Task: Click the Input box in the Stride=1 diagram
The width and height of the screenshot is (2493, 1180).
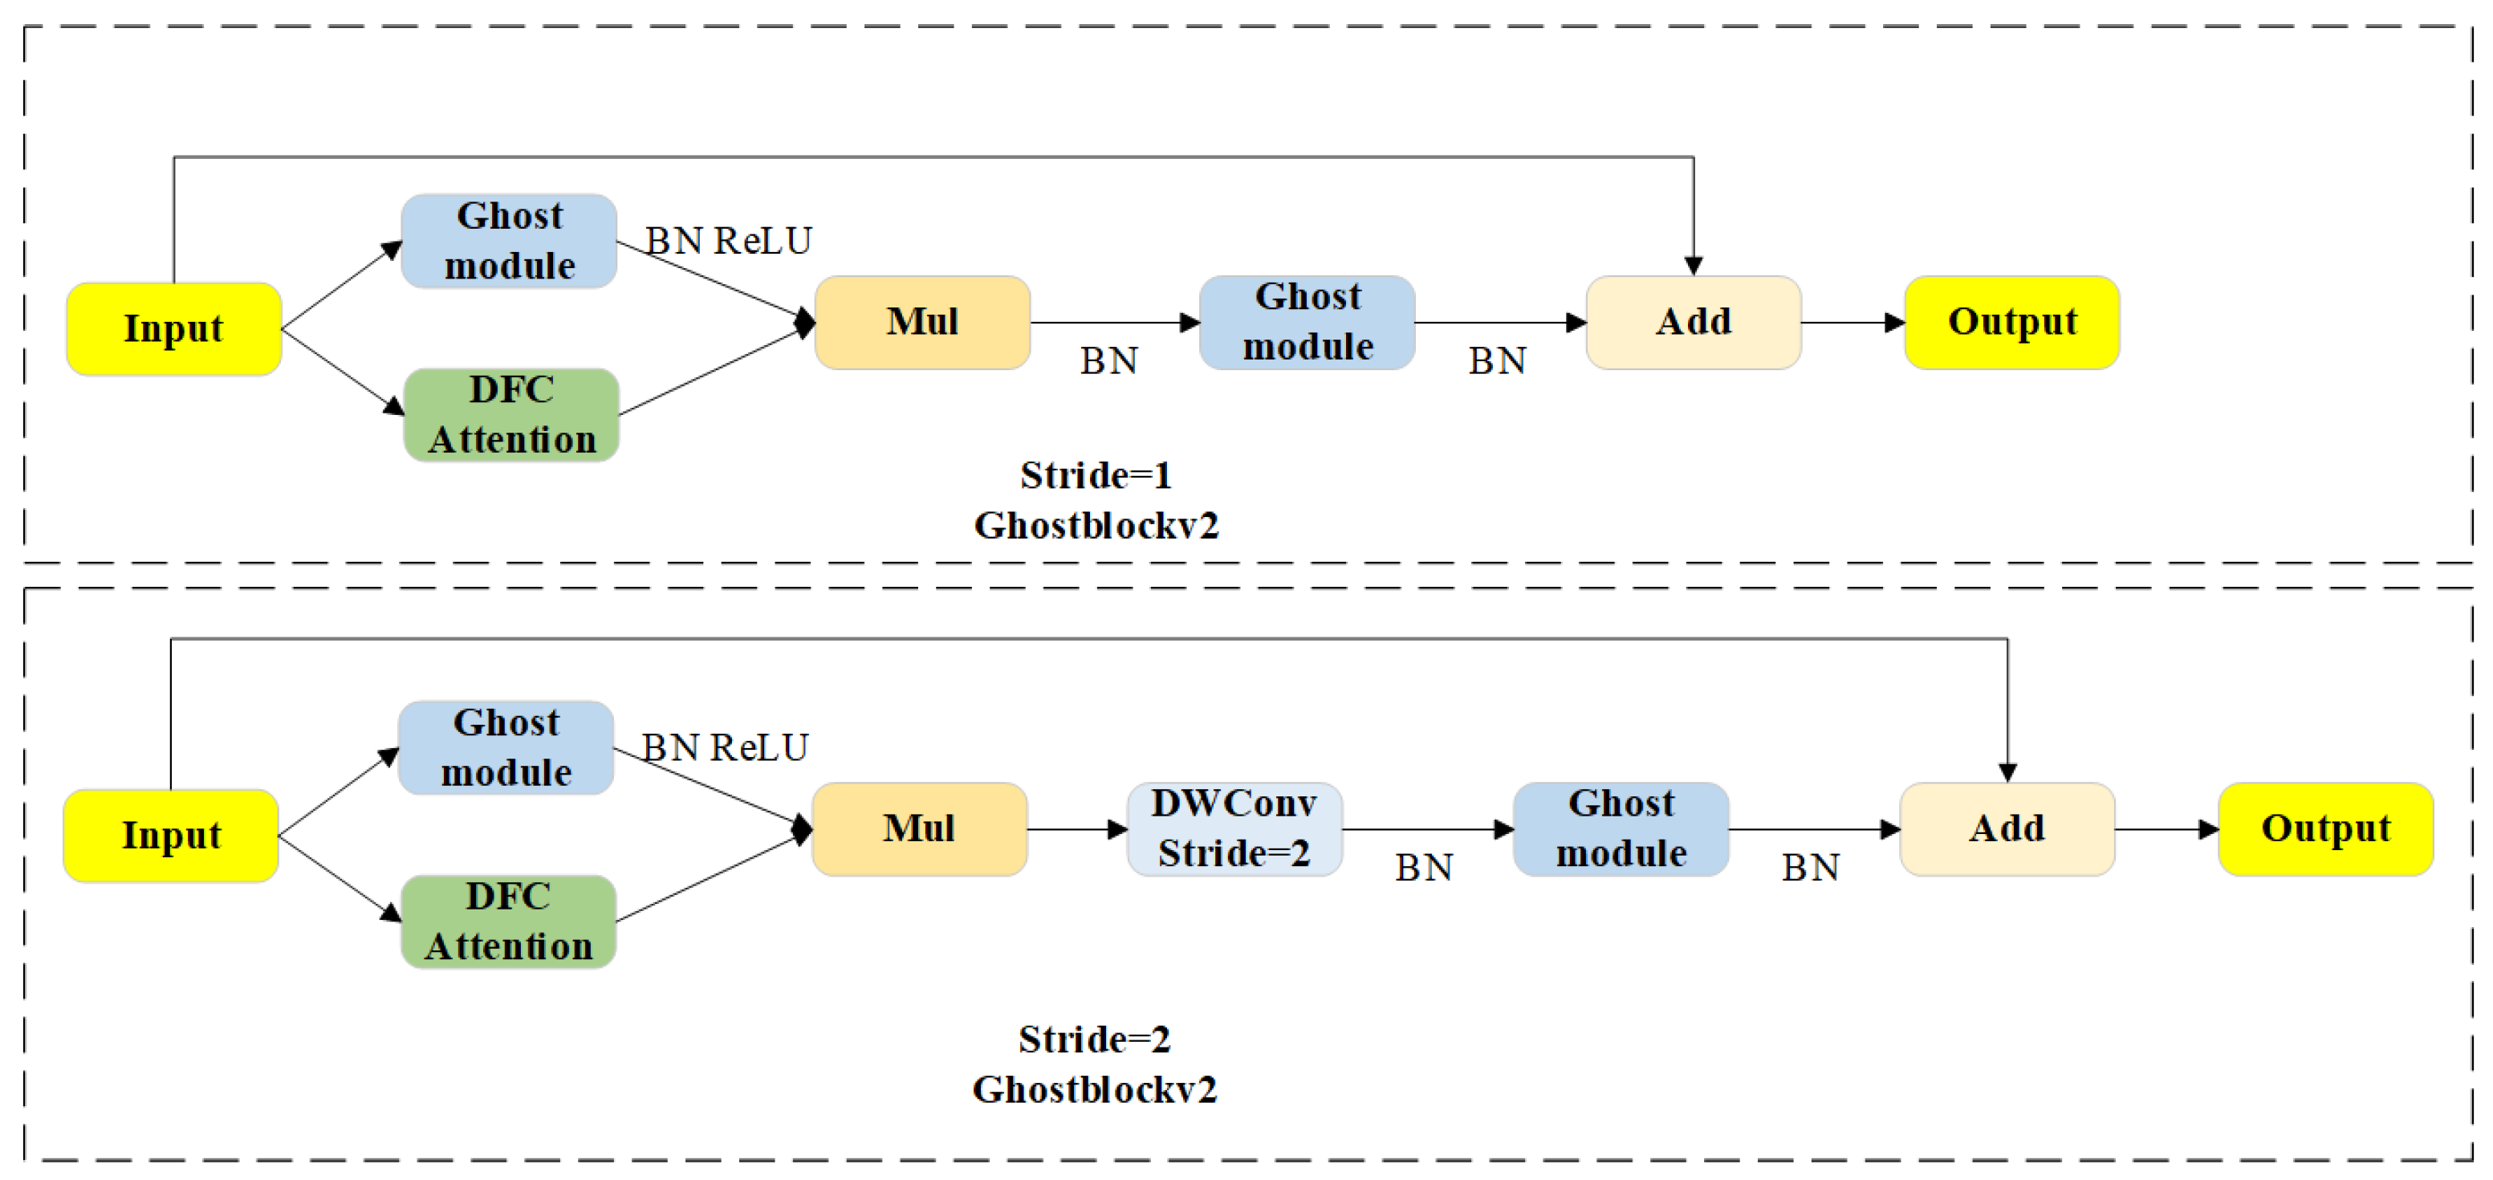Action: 173,328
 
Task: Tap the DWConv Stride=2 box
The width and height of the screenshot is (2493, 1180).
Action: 1234,828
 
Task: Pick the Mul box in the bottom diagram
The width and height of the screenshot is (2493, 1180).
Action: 918,828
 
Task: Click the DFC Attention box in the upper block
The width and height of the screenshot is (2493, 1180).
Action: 511,414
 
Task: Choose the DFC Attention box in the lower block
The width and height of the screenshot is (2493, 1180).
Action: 508,921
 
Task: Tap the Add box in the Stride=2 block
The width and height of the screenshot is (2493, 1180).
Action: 2007,828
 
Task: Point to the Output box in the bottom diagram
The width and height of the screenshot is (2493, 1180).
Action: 2324,828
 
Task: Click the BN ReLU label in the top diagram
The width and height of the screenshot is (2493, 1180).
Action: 729,240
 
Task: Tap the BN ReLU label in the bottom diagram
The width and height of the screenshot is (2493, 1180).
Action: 725,747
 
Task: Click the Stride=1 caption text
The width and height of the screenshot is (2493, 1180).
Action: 1096,475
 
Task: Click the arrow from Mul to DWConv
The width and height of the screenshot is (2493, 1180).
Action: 1076,828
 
